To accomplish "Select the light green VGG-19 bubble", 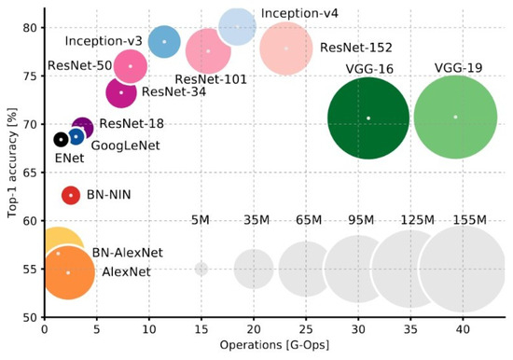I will pos(455,117).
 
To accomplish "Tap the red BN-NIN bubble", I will pos(71,195).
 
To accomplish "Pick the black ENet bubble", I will pos(61,139).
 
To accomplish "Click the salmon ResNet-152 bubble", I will pos(286,48).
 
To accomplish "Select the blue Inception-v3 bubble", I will pos(164,42).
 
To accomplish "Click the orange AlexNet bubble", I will pos(67,272).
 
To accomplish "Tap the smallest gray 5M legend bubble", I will pos(201,269).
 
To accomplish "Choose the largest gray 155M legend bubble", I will pos(462,269).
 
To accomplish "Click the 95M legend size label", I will pos(358,220).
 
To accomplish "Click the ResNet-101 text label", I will pos(211,79).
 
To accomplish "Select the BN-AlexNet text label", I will pos(127,253).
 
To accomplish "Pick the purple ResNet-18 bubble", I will pos(82,128).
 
